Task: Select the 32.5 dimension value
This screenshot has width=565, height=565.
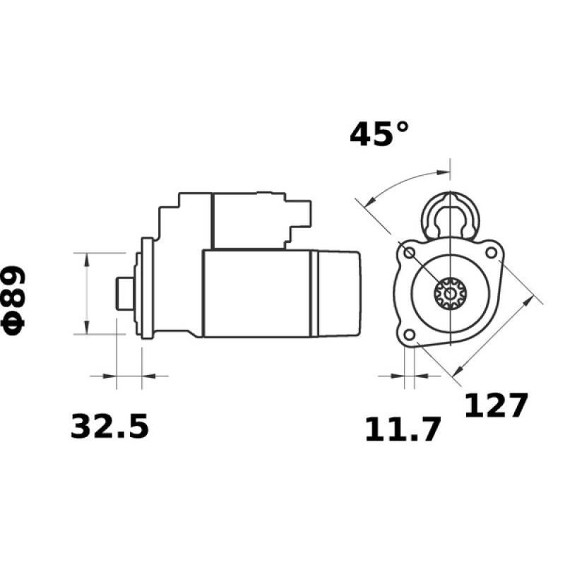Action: (109, 427)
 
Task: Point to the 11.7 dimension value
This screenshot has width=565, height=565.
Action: (403, 429)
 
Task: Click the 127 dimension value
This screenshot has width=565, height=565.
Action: (496, 405)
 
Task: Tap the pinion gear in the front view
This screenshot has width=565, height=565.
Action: (448, 292)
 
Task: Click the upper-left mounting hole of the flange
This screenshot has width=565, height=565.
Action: (408, 252)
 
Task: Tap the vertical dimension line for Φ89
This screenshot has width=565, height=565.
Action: (86, 292)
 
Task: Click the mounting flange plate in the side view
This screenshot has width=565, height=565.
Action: (147, 292)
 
